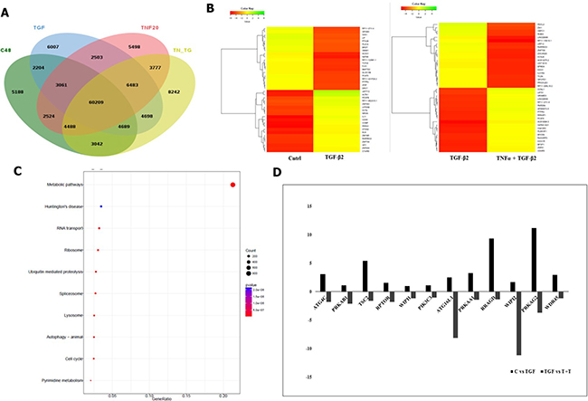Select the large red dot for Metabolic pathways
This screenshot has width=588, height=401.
(x=233, y=186)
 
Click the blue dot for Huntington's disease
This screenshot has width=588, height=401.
(x=101, y=207)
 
